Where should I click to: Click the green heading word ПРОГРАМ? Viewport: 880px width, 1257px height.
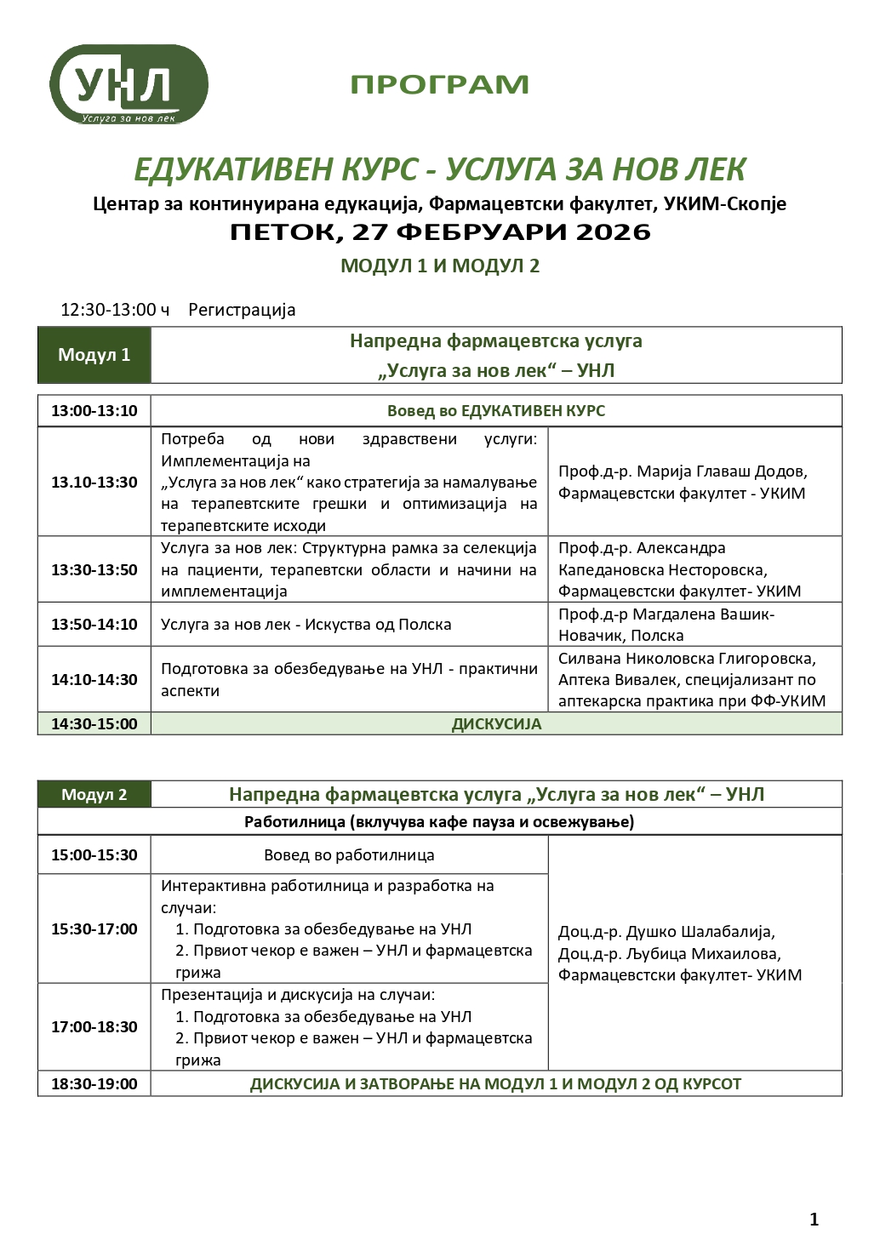tap(439, 85)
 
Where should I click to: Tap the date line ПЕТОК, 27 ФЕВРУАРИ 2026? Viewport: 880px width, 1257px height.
tap(440, 232)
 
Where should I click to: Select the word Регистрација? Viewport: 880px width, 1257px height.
tap(242, 310)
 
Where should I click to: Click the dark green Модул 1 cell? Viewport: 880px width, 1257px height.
tap(94, 355)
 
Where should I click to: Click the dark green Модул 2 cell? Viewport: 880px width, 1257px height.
tap(94, 795)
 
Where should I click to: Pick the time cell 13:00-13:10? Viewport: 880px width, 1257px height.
tap(94, 411)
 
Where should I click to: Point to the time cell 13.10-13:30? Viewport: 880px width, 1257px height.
tap(94, 483)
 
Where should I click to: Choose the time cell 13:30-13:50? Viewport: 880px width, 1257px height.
tap(94, 570)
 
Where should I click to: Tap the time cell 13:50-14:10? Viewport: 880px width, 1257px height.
tap(94, 625)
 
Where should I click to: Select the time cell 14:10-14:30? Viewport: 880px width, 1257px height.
tap(94, 680)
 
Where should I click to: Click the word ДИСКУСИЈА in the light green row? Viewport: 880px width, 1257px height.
tap(496, 724)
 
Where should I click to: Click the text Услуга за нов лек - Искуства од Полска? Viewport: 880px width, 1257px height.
tap(306, 625)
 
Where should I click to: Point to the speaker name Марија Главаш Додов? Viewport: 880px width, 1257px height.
tap(722, 471)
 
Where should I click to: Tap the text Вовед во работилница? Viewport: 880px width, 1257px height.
tap(349, 855)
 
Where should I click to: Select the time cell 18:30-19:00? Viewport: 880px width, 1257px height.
tap(94, 1084)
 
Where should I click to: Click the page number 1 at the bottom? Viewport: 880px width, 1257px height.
tap(814, 1220)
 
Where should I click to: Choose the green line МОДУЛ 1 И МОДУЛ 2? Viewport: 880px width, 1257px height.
tap(440, 266)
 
